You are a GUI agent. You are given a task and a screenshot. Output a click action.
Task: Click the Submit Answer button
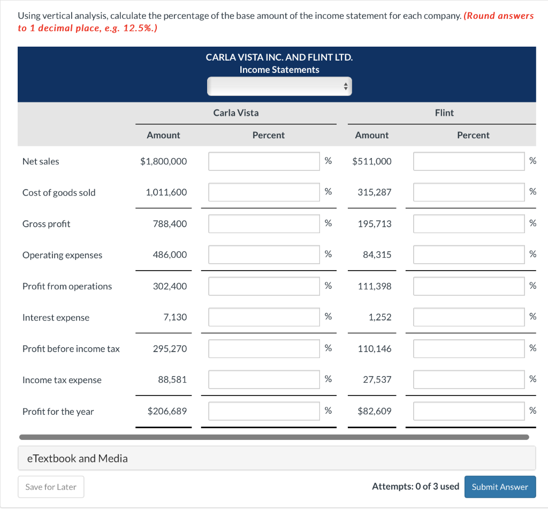(x=500, y=487)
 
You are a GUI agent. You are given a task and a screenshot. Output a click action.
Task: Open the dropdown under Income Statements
(x=279, y=86)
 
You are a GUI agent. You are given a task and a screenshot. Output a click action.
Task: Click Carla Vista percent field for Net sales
(x=264, y=161)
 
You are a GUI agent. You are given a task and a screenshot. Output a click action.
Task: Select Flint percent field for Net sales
(x=469, y=161)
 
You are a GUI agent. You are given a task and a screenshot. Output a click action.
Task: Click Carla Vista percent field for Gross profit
(x=264, y=224)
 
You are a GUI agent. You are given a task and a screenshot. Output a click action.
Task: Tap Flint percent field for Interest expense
(x=469, y=317)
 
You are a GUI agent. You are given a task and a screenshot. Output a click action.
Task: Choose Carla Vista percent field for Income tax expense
(x=264, y=380)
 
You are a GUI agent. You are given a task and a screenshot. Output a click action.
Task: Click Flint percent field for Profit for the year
(x=469, y=411)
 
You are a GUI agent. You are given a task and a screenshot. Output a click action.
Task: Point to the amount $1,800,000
(x=163, y=161)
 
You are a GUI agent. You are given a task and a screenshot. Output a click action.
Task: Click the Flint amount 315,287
(x=375, y=192)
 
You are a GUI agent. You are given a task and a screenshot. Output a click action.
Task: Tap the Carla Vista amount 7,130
(x=176, y=317)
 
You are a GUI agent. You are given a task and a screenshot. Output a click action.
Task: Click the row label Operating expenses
(x=62, y=255)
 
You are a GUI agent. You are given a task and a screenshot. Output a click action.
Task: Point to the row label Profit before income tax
(x=71, y=349)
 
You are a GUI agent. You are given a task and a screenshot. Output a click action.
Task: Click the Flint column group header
(x=444, y=113)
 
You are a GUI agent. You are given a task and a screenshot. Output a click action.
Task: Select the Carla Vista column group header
(x=235, y=113)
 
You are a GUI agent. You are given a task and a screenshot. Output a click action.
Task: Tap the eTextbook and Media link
(x=78, y=458)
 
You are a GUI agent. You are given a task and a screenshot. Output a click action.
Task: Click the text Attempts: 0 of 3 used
(x=415, y=487)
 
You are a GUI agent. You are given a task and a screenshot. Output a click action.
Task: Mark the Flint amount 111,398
(x=375, y=286)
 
